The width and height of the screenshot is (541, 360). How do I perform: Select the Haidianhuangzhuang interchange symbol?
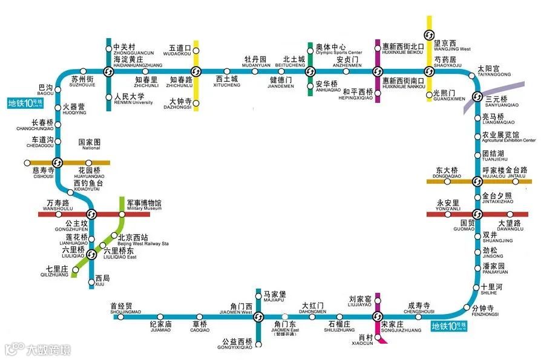[108, 71]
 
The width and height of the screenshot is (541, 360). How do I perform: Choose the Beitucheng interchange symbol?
[310, 71]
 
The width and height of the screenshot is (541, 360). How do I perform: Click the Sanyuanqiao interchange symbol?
[476, 100]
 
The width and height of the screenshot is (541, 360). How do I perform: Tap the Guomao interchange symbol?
[476, 214]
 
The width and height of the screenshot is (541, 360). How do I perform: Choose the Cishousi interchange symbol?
[57, 162]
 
